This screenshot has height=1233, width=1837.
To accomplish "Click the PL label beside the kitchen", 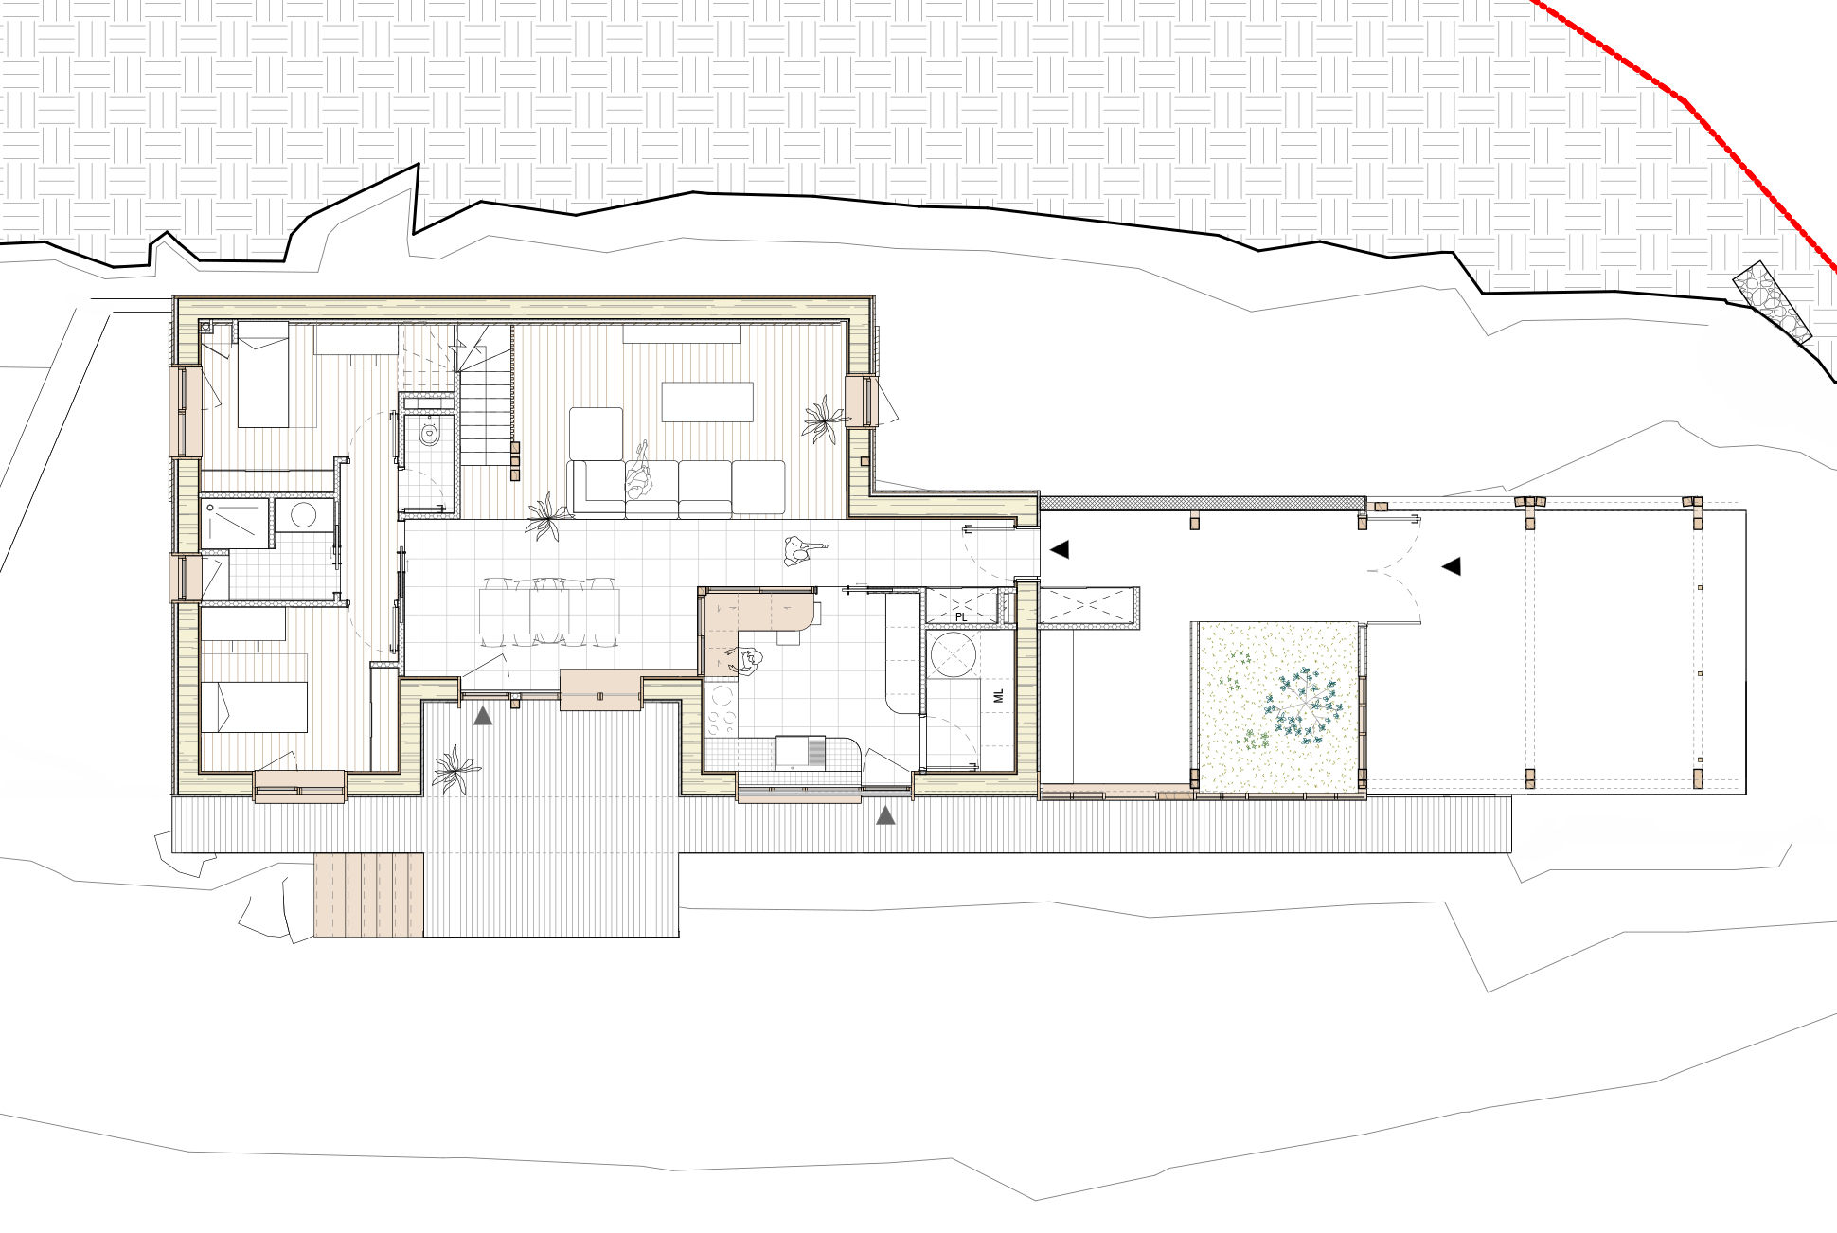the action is point(961,616).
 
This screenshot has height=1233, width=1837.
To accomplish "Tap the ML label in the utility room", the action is point(998,697).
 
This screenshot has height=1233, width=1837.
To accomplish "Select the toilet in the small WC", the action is point(429,435).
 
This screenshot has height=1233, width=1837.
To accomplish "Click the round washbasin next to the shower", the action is point(304,516).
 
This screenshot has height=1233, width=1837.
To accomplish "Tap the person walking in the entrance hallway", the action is point(804,550).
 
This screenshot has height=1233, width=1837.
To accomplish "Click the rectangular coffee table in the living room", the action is point(707,401).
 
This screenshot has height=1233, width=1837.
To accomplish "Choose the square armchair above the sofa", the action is point(596,434).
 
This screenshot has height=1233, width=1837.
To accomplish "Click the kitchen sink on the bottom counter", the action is point(800,752).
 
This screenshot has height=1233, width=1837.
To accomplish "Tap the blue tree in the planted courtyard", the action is point(1305,707).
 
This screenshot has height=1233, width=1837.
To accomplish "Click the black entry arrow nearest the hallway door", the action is point(1060,549).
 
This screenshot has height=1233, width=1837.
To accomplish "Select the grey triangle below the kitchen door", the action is point(885,814).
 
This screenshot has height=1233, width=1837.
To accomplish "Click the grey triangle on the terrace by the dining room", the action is point(483,716).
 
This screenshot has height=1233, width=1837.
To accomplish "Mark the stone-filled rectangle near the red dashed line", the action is point(1772,301).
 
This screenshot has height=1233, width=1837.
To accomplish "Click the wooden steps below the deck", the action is point(368,895).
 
